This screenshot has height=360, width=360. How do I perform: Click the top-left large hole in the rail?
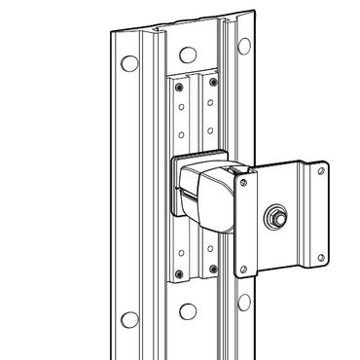[x=126, y=64]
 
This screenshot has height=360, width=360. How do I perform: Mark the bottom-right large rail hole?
[x=242, y=304]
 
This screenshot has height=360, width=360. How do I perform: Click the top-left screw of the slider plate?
[x=180, y=86]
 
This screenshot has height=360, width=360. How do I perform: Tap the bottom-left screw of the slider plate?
[x=180, y=271]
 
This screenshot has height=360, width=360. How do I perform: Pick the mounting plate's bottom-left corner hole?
[x=245, y=270]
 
